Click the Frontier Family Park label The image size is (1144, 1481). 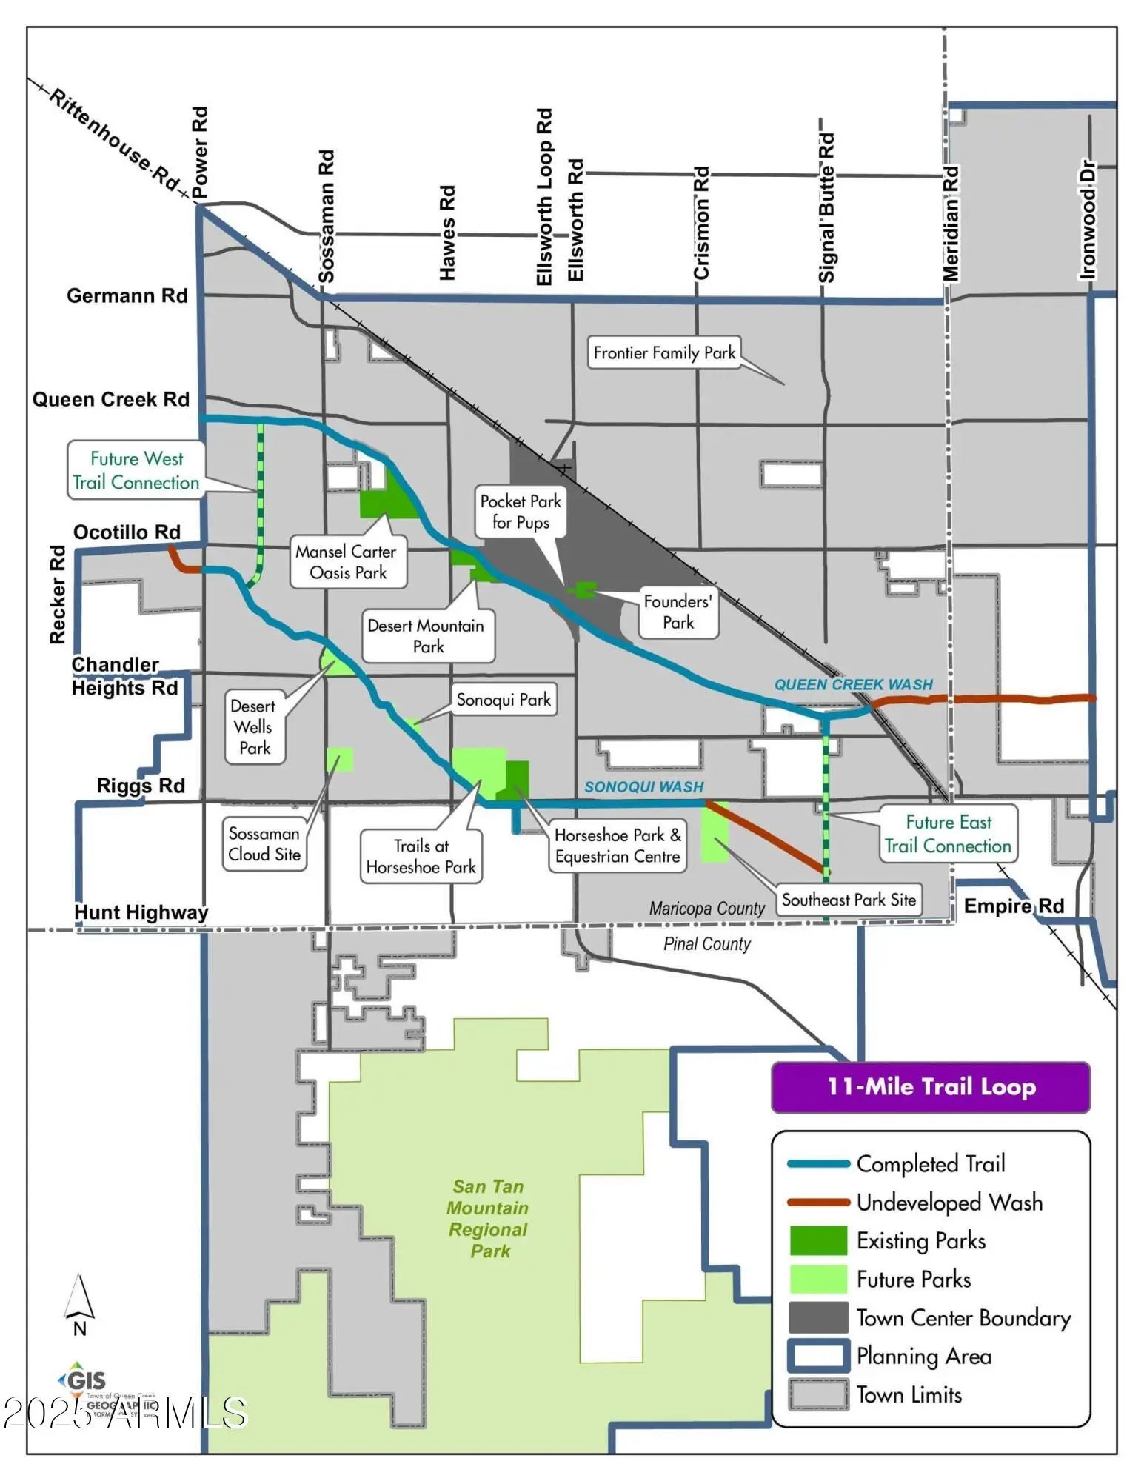(664, 353)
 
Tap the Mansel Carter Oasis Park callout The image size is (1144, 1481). (347, 562)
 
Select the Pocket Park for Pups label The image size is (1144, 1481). (521, 512)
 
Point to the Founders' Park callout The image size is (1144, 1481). (678, 612)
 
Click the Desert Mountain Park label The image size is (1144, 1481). (427, 636)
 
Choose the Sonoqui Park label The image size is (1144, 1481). (504, 700)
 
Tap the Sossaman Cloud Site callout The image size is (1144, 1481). (264, 844)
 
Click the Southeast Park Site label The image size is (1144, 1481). (849, 900)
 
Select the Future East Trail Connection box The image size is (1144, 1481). (948, 835)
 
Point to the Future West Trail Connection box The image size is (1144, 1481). (136, 470)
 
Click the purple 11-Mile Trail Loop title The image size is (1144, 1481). (931, 1087)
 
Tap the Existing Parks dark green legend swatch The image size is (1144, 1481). (818, 1240)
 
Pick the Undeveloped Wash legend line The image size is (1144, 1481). (818, 1203)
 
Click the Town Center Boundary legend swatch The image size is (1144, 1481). (818, 1317)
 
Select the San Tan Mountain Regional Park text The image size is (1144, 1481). (489, 1218)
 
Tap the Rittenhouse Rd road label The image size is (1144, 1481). (116, 140)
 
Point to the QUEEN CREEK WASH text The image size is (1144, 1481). (853, 685)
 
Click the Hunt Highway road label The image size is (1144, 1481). (141, 912)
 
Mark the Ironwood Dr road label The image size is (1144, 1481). (1087, 219)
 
